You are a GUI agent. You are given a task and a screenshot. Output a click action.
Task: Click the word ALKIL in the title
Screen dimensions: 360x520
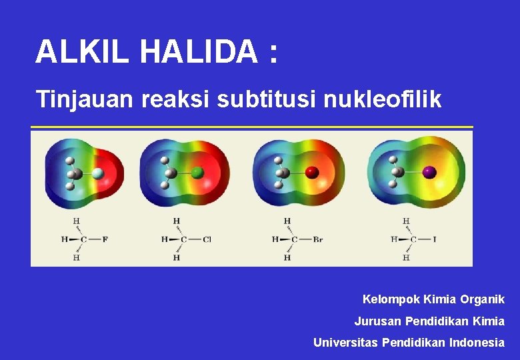(82, 52)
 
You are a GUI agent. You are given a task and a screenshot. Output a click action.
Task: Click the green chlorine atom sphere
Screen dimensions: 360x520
(197, 173)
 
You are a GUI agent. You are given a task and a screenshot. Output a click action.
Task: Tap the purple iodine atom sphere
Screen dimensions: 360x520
(429, 172)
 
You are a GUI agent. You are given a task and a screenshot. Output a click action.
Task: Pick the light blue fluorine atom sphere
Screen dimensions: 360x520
(98, 173)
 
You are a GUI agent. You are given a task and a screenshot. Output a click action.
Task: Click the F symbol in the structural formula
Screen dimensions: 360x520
(105, 239)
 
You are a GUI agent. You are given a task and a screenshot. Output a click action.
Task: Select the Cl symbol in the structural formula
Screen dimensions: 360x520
(207, 239)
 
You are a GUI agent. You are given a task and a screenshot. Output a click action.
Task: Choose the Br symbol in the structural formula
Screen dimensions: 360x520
(318, 239)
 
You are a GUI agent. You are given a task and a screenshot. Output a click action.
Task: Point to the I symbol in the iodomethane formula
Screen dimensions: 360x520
(435, 239)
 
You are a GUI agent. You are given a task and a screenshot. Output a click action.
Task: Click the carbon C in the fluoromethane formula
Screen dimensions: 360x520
(84, 239)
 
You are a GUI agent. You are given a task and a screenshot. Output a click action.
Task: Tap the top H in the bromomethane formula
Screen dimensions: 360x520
(287, 221)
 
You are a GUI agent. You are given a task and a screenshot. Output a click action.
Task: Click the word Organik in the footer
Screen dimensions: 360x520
(481, 299)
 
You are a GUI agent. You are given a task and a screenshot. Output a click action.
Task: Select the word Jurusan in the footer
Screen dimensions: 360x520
(376, 321)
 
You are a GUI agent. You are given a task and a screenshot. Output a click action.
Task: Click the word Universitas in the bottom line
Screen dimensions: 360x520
(343, 343)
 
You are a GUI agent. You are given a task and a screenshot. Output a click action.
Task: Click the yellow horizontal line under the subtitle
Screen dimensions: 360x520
(252, 127)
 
